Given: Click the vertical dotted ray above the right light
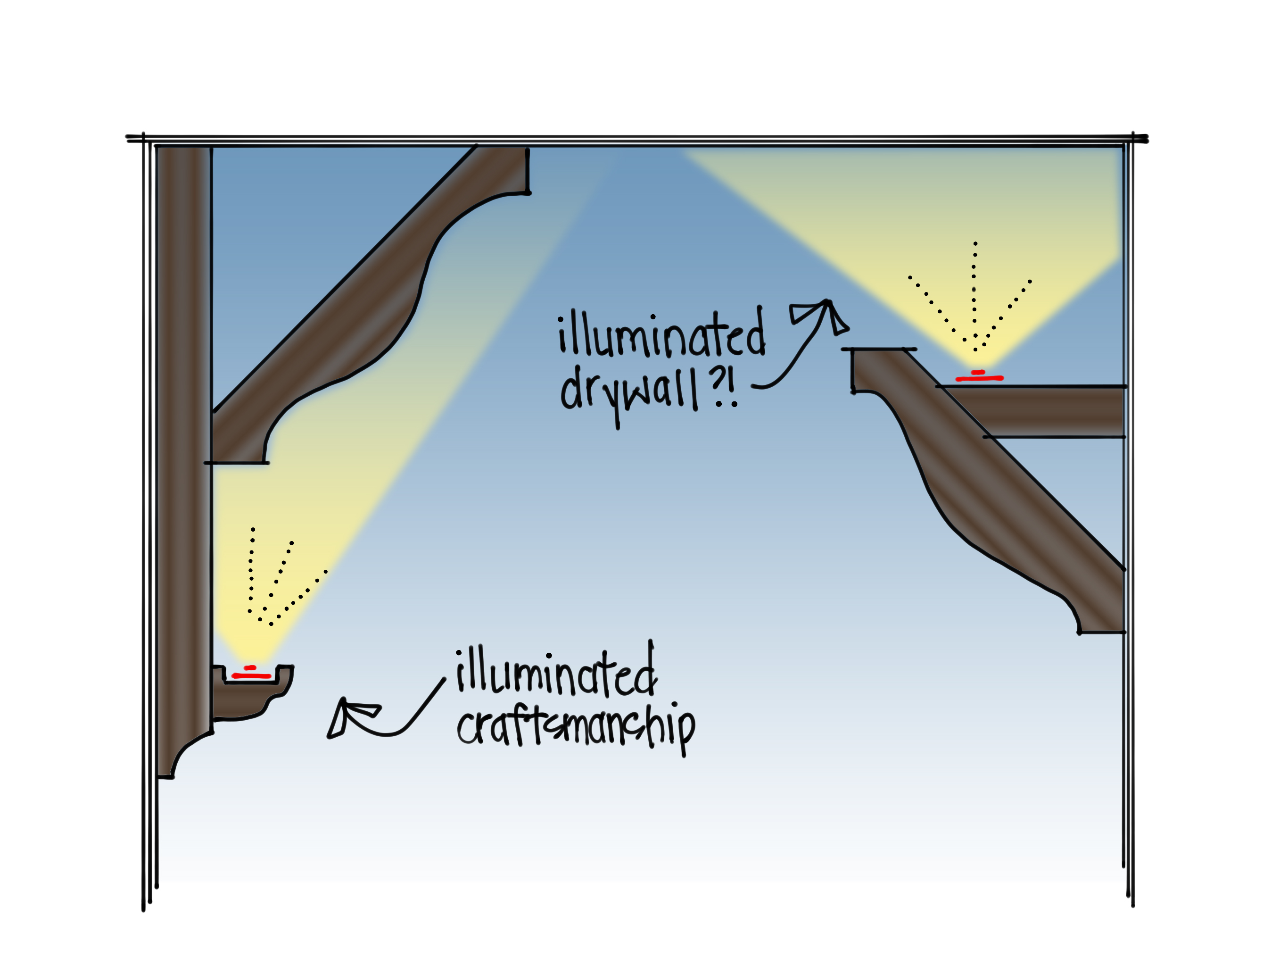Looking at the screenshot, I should pos(975,291).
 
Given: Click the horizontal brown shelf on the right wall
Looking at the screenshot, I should pos(1048,411).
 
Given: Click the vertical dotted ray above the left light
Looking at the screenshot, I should pos(252,571).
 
